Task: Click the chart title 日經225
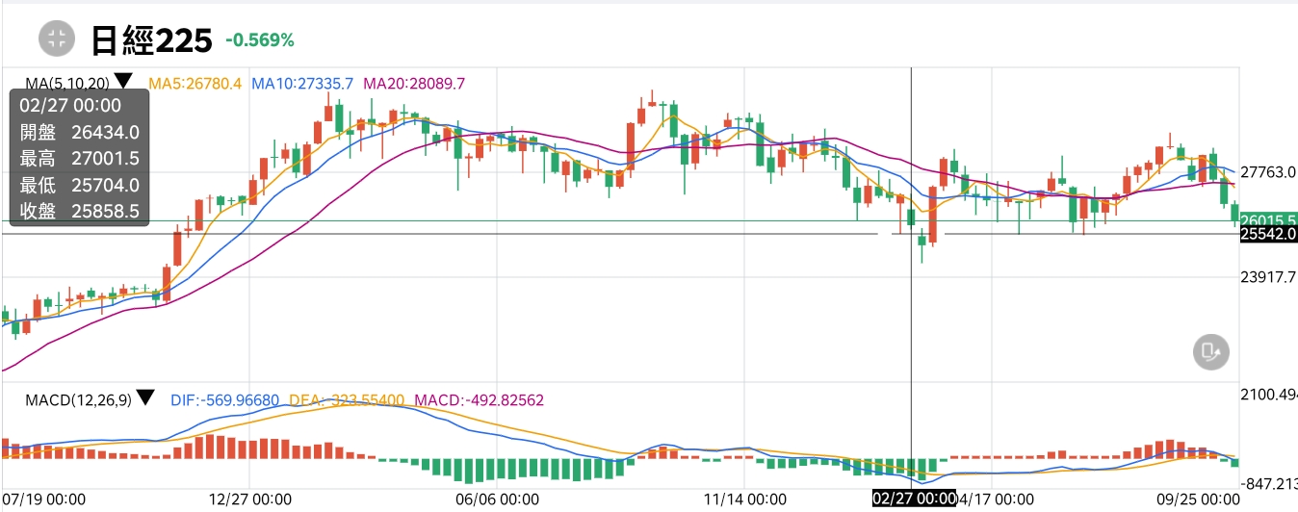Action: point(151,39)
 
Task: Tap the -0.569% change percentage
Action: point(259,40)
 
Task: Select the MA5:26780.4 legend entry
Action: point(195,84)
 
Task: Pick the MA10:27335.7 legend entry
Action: point(302,84)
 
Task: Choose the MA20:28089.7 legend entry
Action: point(414,84)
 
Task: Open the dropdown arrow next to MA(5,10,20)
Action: point(123,81)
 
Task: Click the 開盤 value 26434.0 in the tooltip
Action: point(112,133)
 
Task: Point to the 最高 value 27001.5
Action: point(112,159)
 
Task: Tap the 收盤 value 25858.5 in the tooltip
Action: point(112,211)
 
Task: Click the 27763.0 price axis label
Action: point(1268,173)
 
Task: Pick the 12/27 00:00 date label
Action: point(249,499)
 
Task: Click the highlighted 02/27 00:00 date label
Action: point(914,499)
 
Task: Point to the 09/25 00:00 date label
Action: point(1198,499)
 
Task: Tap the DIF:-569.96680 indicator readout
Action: point(225,398)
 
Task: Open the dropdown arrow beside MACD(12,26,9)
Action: point(145,397)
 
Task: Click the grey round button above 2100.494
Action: point(1210,352)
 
